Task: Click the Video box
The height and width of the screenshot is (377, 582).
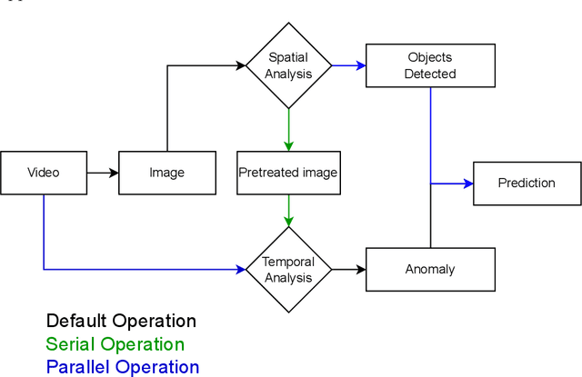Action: pos(44,173)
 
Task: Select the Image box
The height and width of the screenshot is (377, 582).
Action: pos(167,173)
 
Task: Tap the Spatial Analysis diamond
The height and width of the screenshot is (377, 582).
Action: pos(288,65)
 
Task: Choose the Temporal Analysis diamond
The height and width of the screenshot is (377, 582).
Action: pos(288,269)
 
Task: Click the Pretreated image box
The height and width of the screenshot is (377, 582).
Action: pos(288,173)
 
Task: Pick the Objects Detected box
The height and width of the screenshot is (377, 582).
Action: pos(430,65)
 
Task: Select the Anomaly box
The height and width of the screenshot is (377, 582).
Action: pos(430,269)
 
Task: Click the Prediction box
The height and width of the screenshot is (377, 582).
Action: pos(527,184)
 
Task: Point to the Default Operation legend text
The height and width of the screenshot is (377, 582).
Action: pos(121,321)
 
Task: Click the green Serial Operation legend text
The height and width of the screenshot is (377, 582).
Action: pos(115,344)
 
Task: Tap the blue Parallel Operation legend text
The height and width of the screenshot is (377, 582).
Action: pos(123,367)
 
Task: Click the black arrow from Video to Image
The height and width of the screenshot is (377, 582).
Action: pos(103,173)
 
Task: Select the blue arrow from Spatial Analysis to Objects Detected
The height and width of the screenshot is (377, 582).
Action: pos(348,65)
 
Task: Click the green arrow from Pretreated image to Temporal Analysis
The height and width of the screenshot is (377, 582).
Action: pos(288,211)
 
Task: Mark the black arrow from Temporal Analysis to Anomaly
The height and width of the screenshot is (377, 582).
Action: pos(348,269)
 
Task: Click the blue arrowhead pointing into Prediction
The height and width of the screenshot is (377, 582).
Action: pos(467,184)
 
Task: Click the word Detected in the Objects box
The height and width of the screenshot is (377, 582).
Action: pos(430,74)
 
